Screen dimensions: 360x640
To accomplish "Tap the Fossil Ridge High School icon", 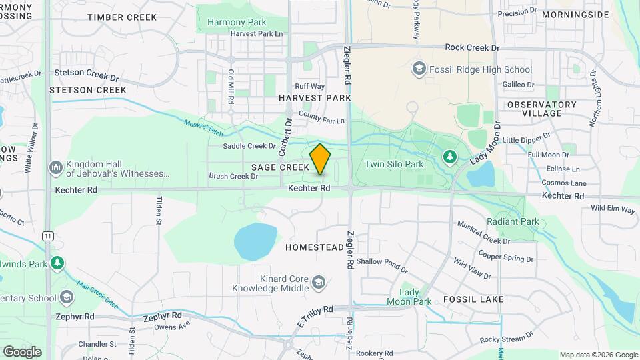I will click(x=419, y=69).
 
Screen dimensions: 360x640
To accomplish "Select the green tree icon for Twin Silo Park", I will click(x=450, y=157).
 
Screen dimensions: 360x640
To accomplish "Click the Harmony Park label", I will click(x=232, y=22).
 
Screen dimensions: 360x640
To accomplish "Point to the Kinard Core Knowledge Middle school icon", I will click(x=319, y=284).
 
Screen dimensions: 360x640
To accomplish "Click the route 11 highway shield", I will click(x=47, y=236).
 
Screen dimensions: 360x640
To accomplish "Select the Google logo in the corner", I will click(x=22, y=351).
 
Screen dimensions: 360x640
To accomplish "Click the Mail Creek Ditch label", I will click(x=97, y=294).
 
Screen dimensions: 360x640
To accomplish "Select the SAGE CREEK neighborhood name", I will click(x=280, y=167).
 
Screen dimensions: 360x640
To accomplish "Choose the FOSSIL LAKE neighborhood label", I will click(x=475, y=299).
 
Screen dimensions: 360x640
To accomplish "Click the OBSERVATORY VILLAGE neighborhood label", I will click(x=541, y=109).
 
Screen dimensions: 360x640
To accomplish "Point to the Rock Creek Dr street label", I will click(x=472, y=48).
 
